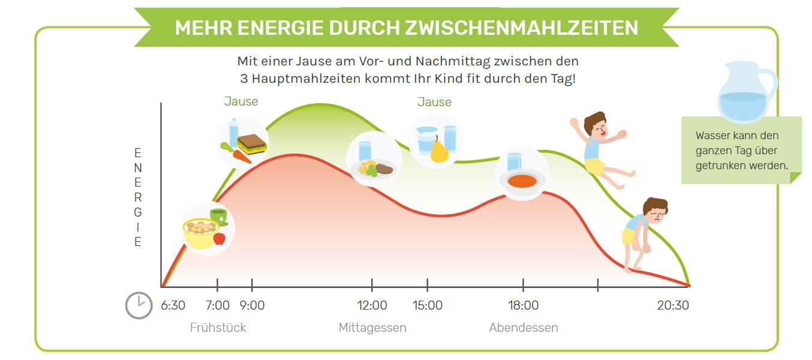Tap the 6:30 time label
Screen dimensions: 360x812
pos(173,305)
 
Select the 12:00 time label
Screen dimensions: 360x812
pos(372,305)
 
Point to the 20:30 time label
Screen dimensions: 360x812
pos(673,305)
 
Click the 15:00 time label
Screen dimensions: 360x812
pos(428,305)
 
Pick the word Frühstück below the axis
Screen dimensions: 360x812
pos(218,328)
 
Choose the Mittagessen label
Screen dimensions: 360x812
pos(372,328)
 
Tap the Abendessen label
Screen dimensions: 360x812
pos(524,328)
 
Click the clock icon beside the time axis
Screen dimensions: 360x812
pos(139,305)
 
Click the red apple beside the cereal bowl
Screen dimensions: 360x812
pos(219,238)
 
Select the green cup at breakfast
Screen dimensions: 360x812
pos(218,215)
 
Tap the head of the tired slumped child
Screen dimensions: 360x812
pos(655,210)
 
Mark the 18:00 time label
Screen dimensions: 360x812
pos(523,305)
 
